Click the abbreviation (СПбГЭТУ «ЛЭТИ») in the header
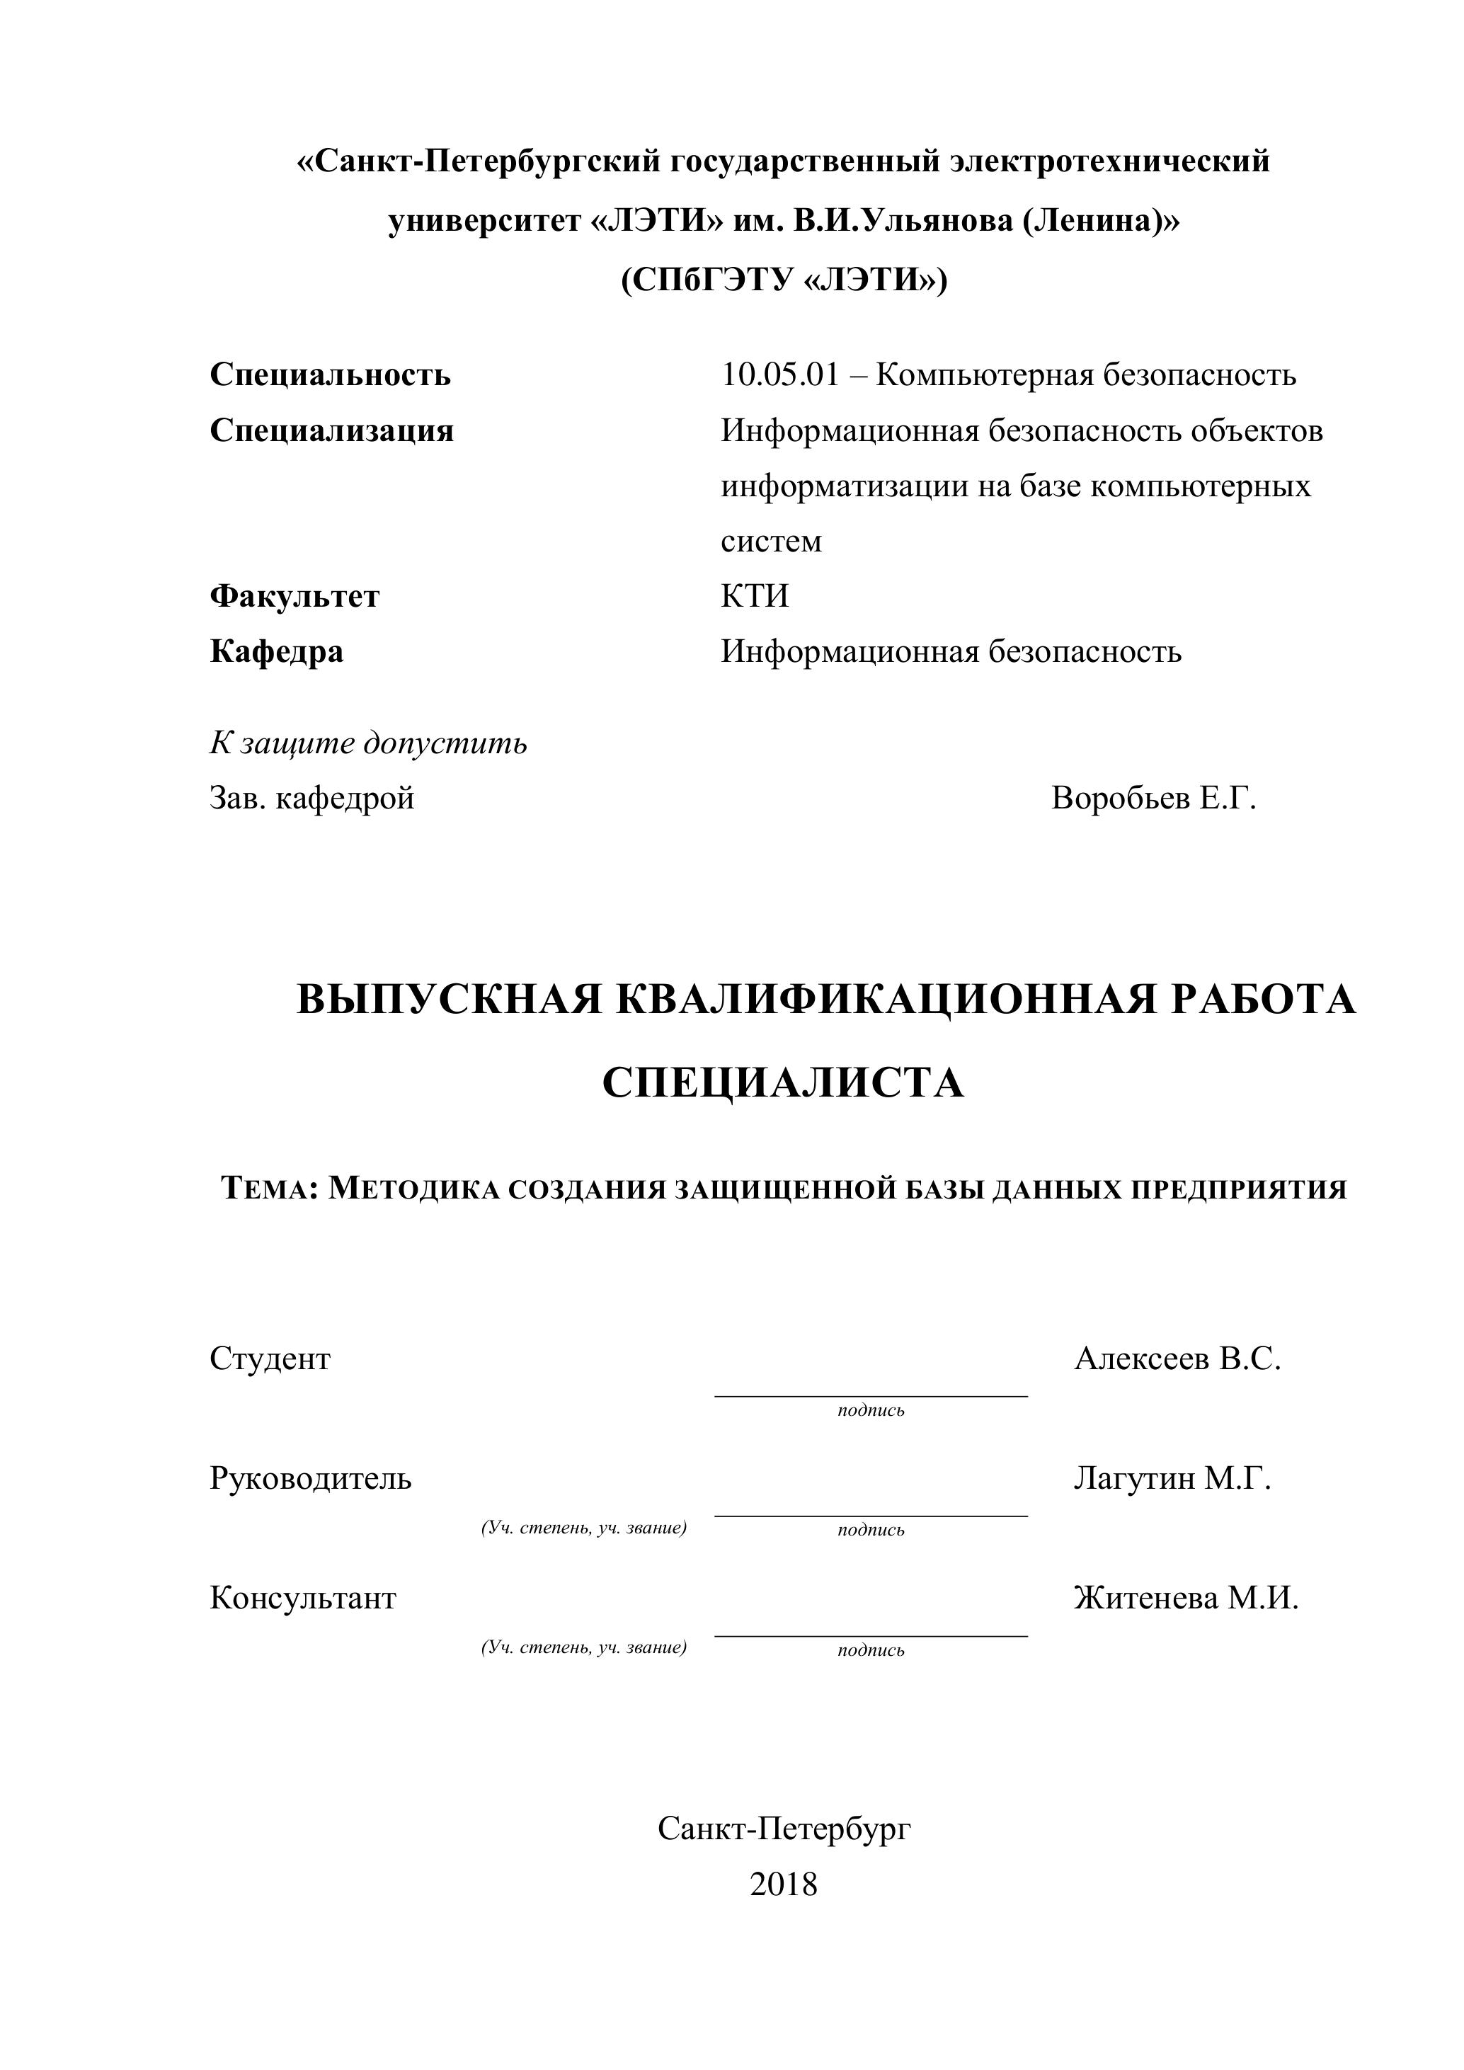pos(784,280)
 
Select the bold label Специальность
pos(330,374)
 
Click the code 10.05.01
pos(779,374)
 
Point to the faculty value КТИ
pos(755,596)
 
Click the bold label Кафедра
pos(277,651)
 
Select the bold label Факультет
pos(294,596)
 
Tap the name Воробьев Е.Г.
pos(1153,798)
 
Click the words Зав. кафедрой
pos(312,798)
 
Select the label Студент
pos(270,1358)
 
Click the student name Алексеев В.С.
pos(1177,1358)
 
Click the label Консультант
pos(303,1598)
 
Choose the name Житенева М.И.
pos(1186,1598)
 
